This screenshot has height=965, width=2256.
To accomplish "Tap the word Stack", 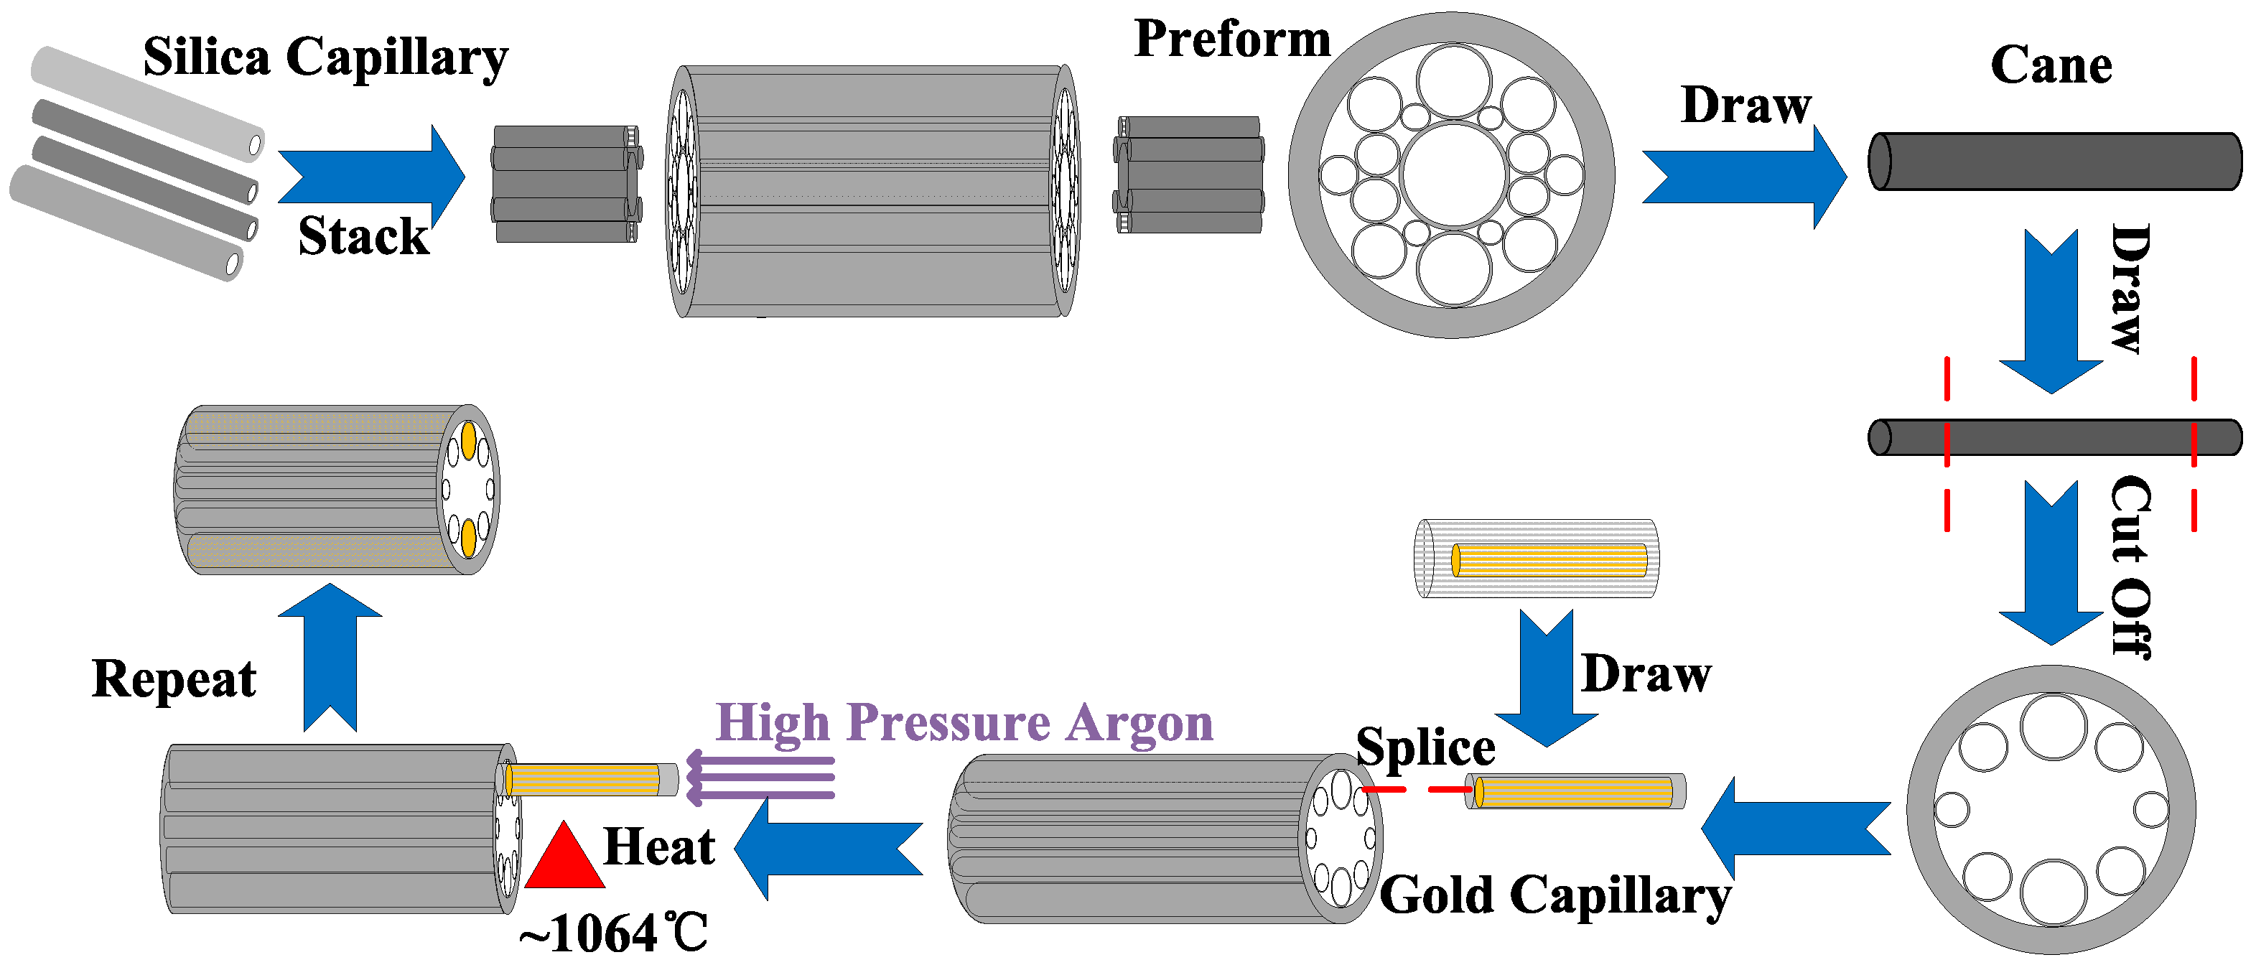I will (363, 236).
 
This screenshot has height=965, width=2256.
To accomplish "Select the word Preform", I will (1231, 39).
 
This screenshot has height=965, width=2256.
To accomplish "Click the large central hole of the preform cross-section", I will (1453, 175).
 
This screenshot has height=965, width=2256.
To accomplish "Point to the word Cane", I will (2051, 65).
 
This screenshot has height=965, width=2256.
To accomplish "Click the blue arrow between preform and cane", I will (1743, 176).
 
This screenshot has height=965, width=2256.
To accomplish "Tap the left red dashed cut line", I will (1947, 442).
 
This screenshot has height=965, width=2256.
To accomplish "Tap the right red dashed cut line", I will (2193, 442).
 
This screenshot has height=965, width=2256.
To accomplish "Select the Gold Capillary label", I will (1555, 895).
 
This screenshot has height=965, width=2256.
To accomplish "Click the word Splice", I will (1425, 747).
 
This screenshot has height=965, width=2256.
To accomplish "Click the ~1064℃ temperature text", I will (613, 933).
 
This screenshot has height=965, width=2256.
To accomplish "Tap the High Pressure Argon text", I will (964, 723).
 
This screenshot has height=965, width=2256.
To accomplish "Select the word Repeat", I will (174, 679).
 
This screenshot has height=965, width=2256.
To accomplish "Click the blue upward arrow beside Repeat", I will (330, 657).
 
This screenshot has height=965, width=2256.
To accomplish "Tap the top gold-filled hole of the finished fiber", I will (469, 439).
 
